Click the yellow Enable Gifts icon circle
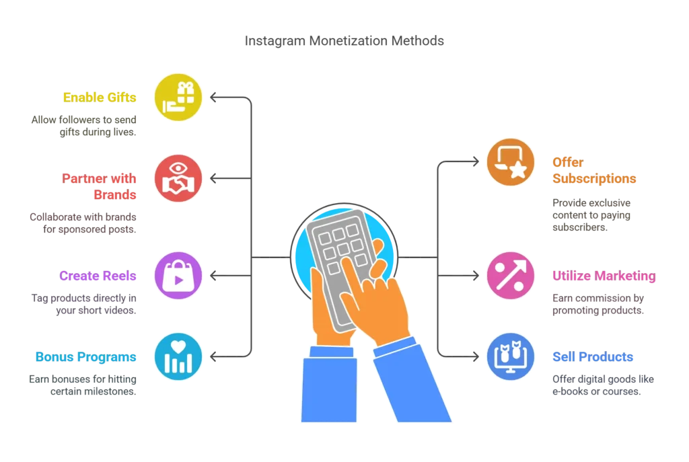point(178,97)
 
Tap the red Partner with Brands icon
point(178,178)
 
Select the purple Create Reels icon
point(178,275)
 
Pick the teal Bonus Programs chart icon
point(178,356)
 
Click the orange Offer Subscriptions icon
point(511,162)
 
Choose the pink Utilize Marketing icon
point(511,275)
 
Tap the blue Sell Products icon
point(511,356)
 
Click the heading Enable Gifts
point(100,98)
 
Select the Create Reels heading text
point(98,276)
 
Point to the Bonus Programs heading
point(85,357)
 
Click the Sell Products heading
point(593,357)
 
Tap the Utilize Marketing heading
point(604,276)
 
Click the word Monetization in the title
point(349,41)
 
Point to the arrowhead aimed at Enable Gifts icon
point(213,97)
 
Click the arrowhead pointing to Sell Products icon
point(476,356)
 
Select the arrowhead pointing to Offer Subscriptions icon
point(476,161)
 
